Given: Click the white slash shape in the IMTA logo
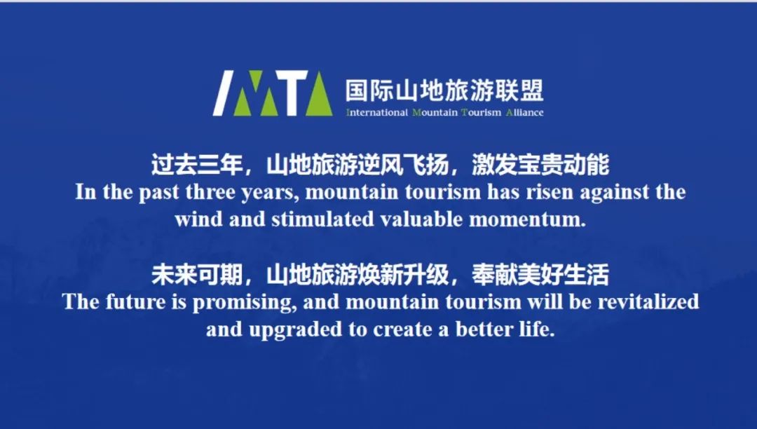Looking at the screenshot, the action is click(x=224, y=93).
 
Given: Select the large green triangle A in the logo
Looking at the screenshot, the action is click(x=319, y=94).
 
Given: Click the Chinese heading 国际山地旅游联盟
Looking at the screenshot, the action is click(x=444, y=90).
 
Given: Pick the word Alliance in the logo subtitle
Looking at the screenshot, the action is click(x=525, y=113).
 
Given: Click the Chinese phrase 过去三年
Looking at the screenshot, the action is click(x=196, y=165).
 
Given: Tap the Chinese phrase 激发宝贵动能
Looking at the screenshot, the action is click(x=540, y=165).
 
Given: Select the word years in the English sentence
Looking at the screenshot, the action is click(x=269, y=193).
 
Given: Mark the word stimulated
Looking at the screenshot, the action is click(x=322, y=219).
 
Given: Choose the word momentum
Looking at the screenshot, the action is click(x=527, y=220).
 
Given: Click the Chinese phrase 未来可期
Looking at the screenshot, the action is click(x=196, y=275).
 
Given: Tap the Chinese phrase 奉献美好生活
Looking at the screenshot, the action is click(x=540, y=275).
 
